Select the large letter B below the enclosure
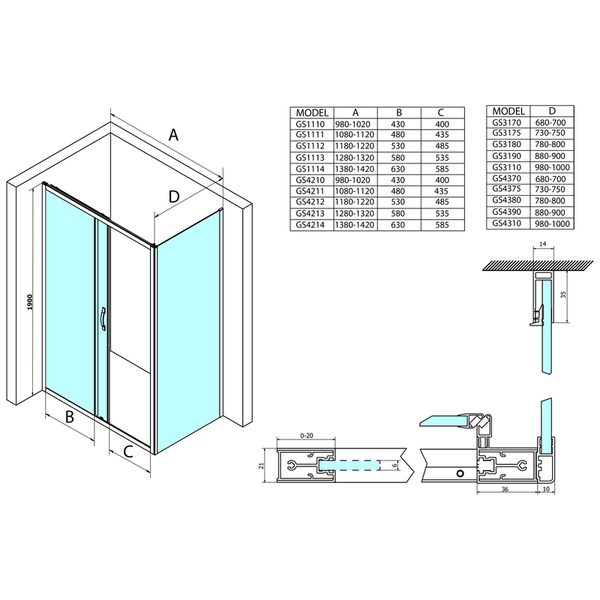tap(68, 417)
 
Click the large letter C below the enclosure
tap(128, 451)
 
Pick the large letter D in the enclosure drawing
tap(173, 196)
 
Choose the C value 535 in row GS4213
tap(442, 212)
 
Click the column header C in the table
tap(442, 112)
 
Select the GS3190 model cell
tap(507, 156)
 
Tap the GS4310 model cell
tap(507, 223)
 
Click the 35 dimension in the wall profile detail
tap(563, 295)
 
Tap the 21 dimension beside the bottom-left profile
tap(261, 465)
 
